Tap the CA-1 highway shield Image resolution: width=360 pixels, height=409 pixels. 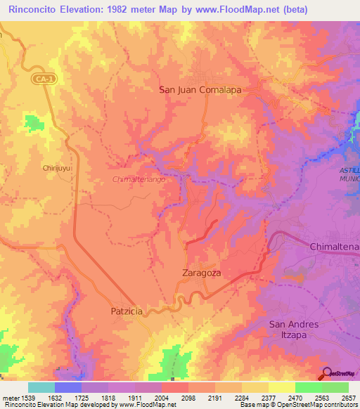(x=43, y=81)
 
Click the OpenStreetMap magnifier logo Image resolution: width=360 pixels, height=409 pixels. (x=326, y=374)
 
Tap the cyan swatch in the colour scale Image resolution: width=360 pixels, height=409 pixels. (x=41, y=387)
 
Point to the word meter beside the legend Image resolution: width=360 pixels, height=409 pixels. (x=10, y=398)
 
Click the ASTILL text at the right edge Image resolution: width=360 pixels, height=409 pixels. (x=349, y=171)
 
